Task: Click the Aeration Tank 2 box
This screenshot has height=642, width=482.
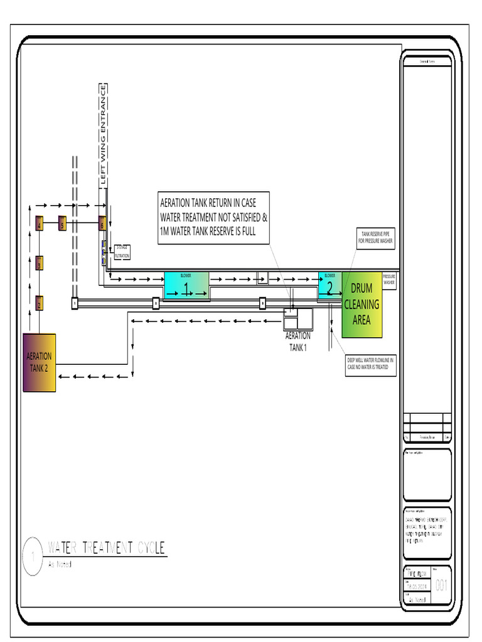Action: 40,362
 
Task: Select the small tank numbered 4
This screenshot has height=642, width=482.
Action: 39,224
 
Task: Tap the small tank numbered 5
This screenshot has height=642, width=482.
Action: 62,223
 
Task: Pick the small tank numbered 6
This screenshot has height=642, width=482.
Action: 102,223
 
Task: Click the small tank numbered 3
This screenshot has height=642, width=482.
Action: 39,263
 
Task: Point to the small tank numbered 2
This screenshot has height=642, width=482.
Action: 39,303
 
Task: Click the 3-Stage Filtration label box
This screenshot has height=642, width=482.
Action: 122,252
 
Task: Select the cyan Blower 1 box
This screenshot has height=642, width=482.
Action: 186,286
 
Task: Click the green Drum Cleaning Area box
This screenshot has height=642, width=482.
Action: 361,305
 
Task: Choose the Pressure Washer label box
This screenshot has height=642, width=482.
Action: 389,280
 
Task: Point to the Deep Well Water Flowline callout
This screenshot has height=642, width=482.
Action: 370,364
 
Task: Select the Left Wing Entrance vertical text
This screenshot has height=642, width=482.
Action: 104,134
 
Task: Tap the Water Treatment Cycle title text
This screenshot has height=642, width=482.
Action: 107,548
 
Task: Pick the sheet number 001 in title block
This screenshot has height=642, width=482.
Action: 442,586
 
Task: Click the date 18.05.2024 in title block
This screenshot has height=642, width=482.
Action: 417,586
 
